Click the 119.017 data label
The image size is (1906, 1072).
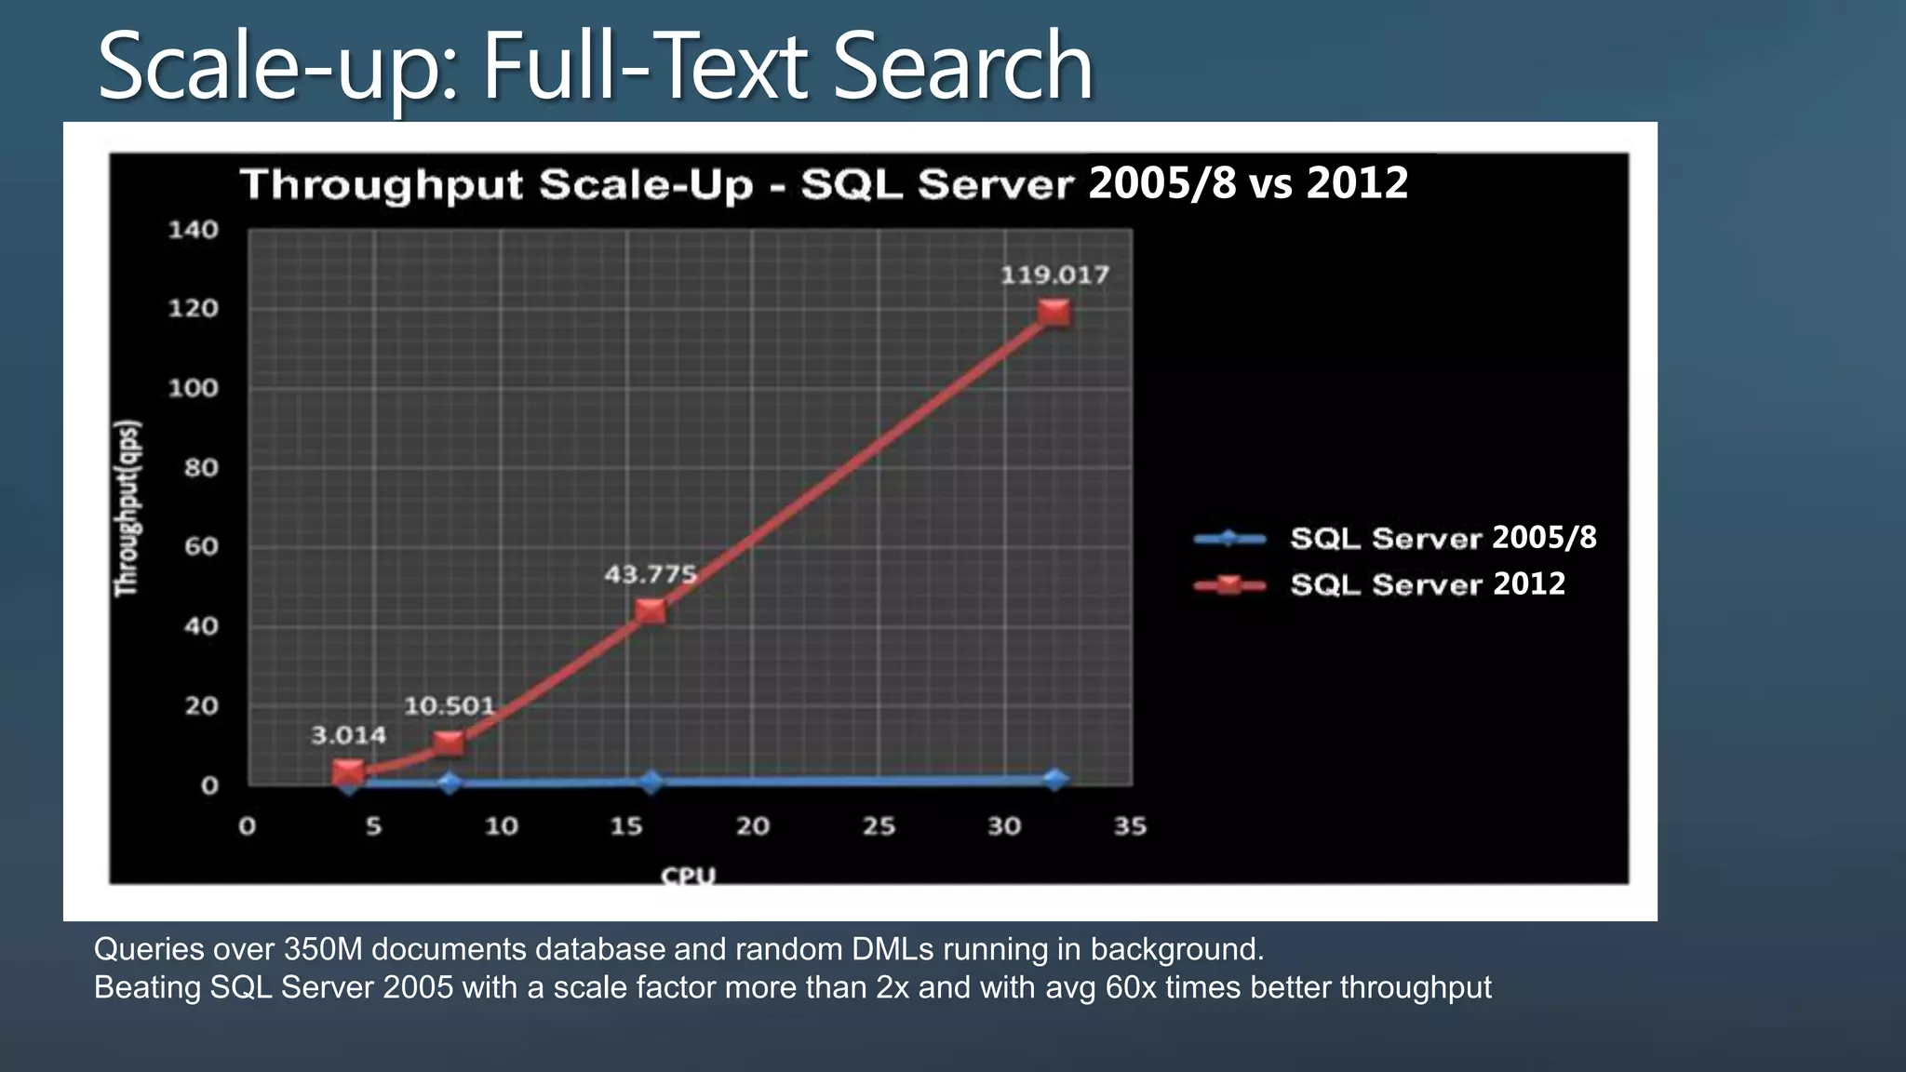(1054, 275)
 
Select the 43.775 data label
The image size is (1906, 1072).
(651, 574)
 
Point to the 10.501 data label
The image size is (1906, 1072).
(449, 706)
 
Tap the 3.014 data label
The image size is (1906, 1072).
(348, 736)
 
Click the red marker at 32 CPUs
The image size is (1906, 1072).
(1054, 313)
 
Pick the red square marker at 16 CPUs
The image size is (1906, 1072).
(651, 611)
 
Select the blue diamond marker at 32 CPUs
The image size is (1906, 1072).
(1054, 780)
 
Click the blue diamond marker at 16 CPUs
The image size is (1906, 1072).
(651, 782)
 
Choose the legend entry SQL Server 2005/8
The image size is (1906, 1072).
(1443, 538)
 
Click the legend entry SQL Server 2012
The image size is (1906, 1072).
(1427, 584)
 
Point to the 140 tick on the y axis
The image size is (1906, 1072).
(193, 230)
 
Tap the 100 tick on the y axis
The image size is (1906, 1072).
(193, 388)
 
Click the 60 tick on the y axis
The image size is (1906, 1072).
(200, 546)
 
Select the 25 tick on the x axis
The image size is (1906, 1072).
(879, 826)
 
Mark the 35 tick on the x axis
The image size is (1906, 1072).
(1131, 826)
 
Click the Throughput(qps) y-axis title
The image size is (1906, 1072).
(127, 508)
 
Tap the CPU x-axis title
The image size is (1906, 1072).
(689, 876)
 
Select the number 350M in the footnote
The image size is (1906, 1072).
(325, 949)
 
